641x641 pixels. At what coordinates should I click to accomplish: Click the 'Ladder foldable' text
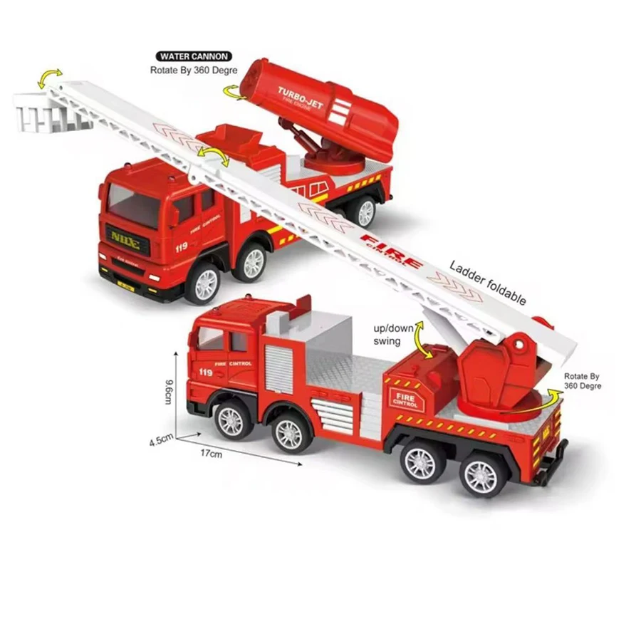click(x=488, y=283)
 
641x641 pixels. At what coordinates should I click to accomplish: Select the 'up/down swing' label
click(x=390, y=335)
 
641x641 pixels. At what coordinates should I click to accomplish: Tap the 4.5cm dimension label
click(x=162, y=441)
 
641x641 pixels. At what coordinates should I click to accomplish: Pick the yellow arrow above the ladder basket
click(x=51, y=76)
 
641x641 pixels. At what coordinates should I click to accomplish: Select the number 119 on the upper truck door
click(x=181, y=247)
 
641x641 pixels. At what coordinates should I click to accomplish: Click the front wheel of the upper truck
click(x=204, y=283)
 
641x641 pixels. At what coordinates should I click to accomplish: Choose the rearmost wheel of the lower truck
click(x=481, y=474)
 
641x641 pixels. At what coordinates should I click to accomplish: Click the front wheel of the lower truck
click(x=231, y=422)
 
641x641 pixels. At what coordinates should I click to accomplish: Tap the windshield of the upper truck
click(x=132, y=208)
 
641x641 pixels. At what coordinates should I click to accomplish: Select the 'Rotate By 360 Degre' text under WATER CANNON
click(x=193, y=71)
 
